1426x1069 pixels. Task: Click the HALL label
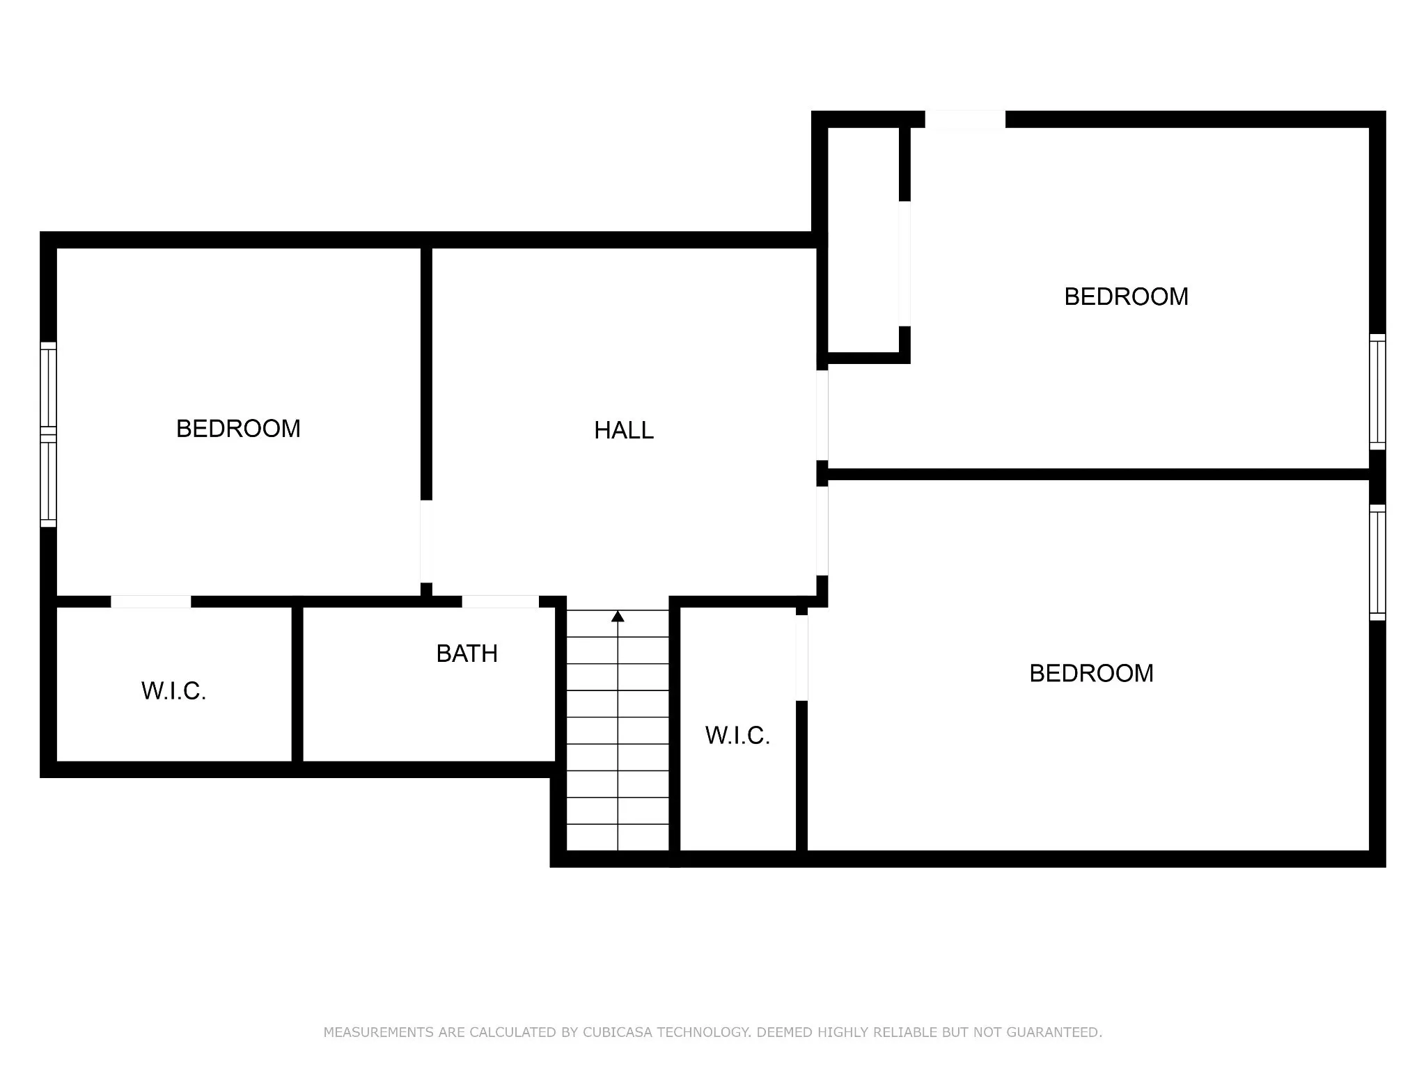[624, 431]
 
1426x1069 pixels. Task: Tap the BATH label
[467, 654]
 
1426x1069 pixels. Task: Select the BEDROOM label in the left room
[238, 429]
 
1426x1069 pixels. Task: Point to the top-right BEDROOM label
[1126, 296]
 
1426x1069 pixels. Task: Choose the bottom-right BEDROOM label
[1091, 673]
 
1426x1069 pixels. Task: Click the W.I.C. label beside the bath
[173, 691]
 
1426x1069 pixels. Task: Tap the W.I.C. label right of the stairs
[737, 736]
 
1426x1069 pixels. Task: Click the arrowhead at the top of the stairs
[618, 617]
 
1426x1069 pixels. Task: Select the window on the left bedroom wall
[48, 434]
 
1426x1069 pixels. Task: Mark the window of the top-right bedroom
[1377, 392]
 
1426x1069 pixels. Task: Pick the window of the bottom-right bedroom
[1377, 562]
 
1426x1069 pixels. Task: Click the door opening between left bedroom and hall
[426, 541]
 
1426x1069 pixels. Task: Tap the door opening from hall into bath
[500, 601]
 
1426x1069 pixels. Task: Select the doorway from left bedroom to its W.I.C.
[151, 601]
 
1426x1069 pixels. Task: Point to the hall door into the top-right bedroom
[822, 415]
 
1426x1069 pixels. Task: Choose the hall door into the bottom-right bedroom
[822, 530]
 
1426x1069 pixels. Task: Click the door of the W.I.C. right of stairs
[801, 658]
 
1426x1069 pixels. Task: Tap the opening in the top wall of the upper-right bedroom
[965, 119]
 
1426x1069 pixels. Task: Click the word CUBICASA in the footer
[617, 1032]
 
